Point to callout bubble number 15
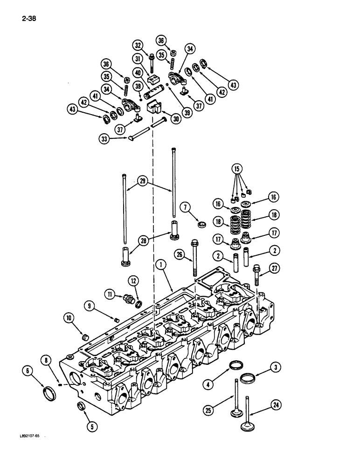(238, 168)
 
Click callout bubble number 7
(185, 206)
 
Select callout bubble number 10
(69, 318)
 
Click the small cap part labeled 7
(202, 225)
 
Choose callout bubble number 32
(137, 45)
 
